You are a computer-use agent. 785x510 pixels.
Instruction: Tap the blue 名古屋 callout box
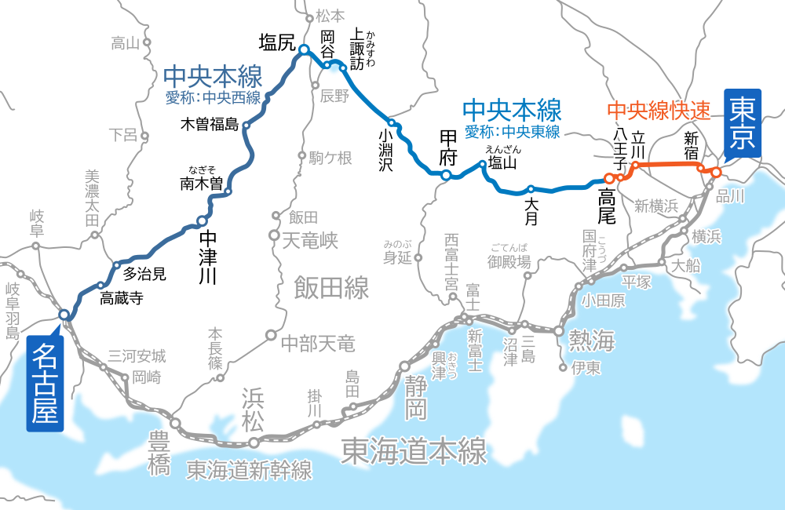45,384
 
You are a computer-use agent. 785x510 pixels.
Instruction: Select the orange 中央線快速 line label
659,110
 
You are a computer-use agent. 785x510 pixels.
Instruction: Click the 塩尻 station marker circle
304,51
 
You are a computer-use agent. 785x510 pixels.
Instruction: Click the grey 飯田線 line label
331,288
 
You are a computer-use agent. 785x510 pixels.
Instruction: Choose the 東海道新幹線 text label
250,470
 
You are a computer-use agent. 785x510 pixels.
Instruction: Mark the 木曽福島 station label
209,124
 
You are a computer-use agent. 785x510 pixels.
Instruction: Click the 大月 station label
531,211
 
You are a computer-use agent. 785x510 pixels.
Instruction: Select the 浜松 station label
253,411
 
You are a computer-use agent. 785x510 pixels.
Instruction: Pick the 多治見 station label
144,274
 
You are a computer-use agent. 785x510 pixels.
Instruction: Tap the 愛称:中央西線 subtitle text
213,98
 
